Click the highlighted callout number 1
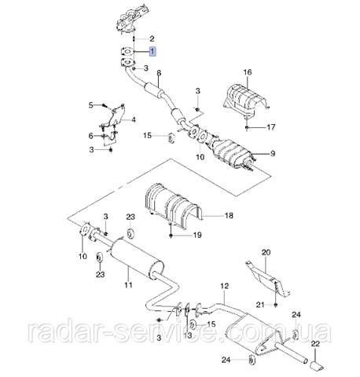152,51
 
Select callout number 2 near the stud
152,38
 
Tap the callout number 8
159,73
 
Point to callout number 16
248,72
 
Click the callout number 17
271,127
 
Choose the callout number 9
273,153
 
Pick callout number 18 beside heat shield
229,215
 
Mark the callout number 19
197,235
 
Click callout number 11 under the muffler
128,284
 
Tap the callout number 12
225,286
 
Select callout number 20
266,252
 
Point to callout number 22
315,343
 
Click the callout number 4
134,120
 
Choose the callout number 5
90,105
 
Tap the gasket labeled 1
127,52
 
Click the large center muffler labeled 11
137,258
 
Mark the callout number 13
188,335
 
